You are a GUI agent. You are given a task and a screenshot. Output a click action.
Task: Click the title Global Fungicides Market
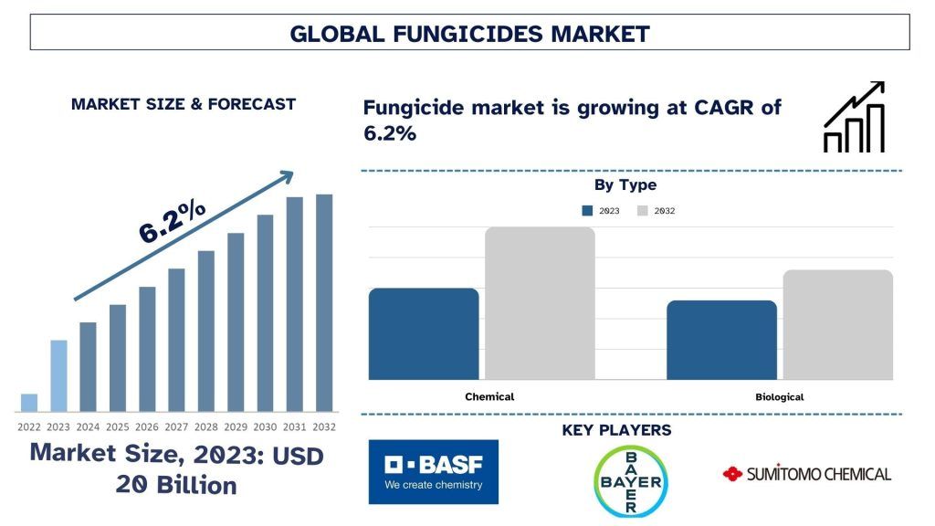(x=469, y=34)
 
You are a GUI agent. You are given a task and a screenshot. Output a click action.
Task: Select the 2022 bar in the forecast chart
(x=29, y=403)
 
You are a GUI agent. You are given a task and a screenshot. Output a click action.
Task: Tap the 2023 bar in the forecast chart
(x=58, y=375)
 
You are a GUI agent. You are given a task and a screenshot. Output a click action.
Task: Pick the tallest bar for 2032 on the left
(x=324, y=302)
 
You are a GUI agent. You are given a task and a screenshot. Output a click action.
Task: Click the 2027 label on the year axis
(x=177, y=426)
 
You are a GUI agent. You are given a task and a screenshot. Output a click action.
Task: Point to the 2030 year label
(x=265, y=426)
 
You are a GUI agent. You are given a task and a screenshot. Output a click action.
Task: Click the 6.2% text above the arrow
(x=172, y=222)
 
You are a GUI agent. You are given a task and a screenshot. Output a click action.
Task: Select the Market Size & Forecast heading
(x=183, y=104)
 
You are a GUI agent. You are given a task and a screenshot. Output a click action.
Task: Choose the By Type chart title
(x=625, y=185)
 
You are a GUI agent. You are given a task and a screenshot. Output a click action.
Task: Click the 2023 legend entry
(x=601, y=211)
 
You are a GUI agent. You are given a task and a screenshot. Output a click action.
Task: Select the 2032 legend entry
(x=656, y=211)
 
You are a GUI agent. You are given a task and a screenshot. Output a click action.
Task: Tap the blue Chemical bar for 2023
(x=424, y=333)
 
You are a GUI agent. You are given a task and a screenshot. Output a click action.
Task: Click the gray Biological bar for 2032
(x=837, y=324)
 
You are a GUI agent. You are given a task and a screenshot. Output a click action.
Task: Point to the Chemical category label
(x=489, y=397)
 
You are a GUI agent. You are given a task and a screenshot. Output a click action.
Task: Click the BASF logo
(x=434, y=472)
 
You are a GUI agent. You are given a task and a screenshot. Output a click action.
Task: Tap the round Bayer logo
(x=630, y=481)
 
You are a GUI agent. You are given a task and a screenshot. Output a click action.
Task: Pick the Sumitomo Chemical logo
(x=806, y=474)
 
